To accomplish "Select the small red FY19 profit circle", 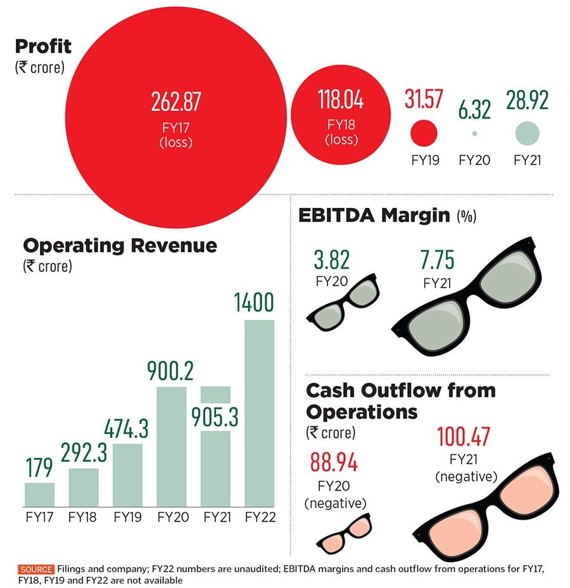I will pyautogui.click(x=424, y=133).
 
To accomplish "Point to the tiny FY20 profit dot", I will pyautogui.click(x=474, y=134).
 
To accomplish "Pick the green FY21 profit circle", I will pyautogui.click(x=527, y=133).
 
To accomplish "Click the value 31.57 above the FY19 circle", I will pyautogui.click(x=424, y=99).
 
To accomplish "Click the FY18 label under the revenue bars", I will pyautogui.click(x=84, y=518).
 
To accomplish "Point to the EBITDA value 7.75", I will pyautogui.click(x=437, y=260).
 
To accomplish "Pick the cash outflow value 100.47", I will pyautogui.click(x=465, y=437).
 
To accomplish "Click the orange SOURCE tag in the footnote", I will pyautogui.click(x=36, y=569).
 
